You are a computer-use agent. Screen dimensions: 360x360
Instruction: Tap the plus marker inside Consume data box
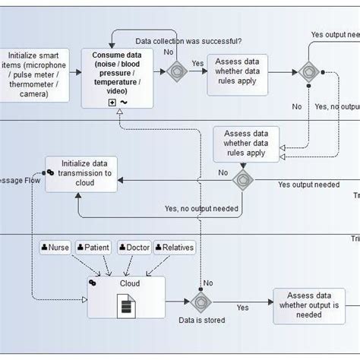coord(112,101)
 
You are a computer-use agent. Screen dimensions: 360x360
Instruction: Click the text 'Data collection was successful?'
coord(188,40)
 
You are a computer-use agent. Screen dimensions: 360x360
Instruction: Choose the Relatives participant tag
coord(174,248)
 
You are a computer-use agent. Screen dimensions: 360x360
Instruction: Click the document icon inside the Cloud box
coord(125,305)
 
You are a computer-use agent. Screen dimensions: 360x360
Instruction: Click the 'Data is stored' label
coord(202,321)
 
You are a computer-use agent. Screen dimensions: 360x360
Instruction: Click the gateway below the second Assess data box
coord(243,180)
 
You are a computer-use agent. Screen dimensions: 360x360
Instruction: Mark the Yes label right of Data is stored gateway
coord(242,308)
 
